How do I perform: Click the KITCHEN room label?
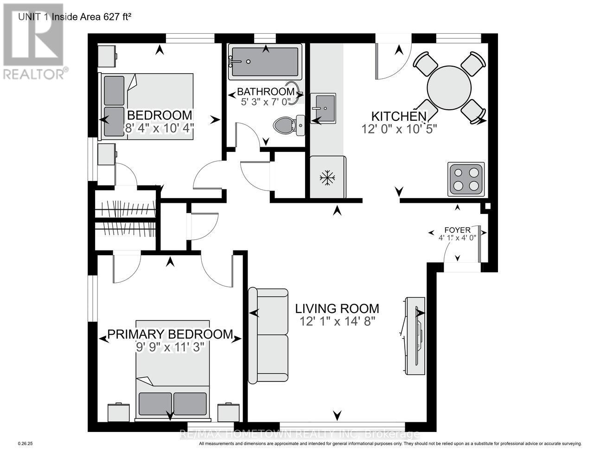coord(398,116)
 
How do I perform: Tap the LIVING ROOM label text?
coord(337,309)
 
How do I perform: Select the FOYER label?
coord(457,230)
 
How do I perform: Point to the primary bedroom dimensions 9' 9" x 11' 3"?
coord(170,347)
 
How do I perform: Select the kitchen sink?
coord(323,108)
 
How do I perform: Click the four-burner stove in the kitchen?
coord(466,180)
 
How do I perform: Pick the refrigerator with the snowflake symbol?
coord(328,177)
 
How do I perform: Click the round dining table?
coord(449,88)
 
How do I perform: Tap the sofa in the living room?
coord(268,336)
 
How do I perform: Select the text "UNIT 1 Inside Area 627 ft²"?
coord(75,17)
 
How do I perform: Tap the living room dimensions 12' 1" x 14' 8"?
coord(338,321)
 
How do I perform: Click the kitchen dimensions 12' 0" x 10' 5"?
coord(399,129)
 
